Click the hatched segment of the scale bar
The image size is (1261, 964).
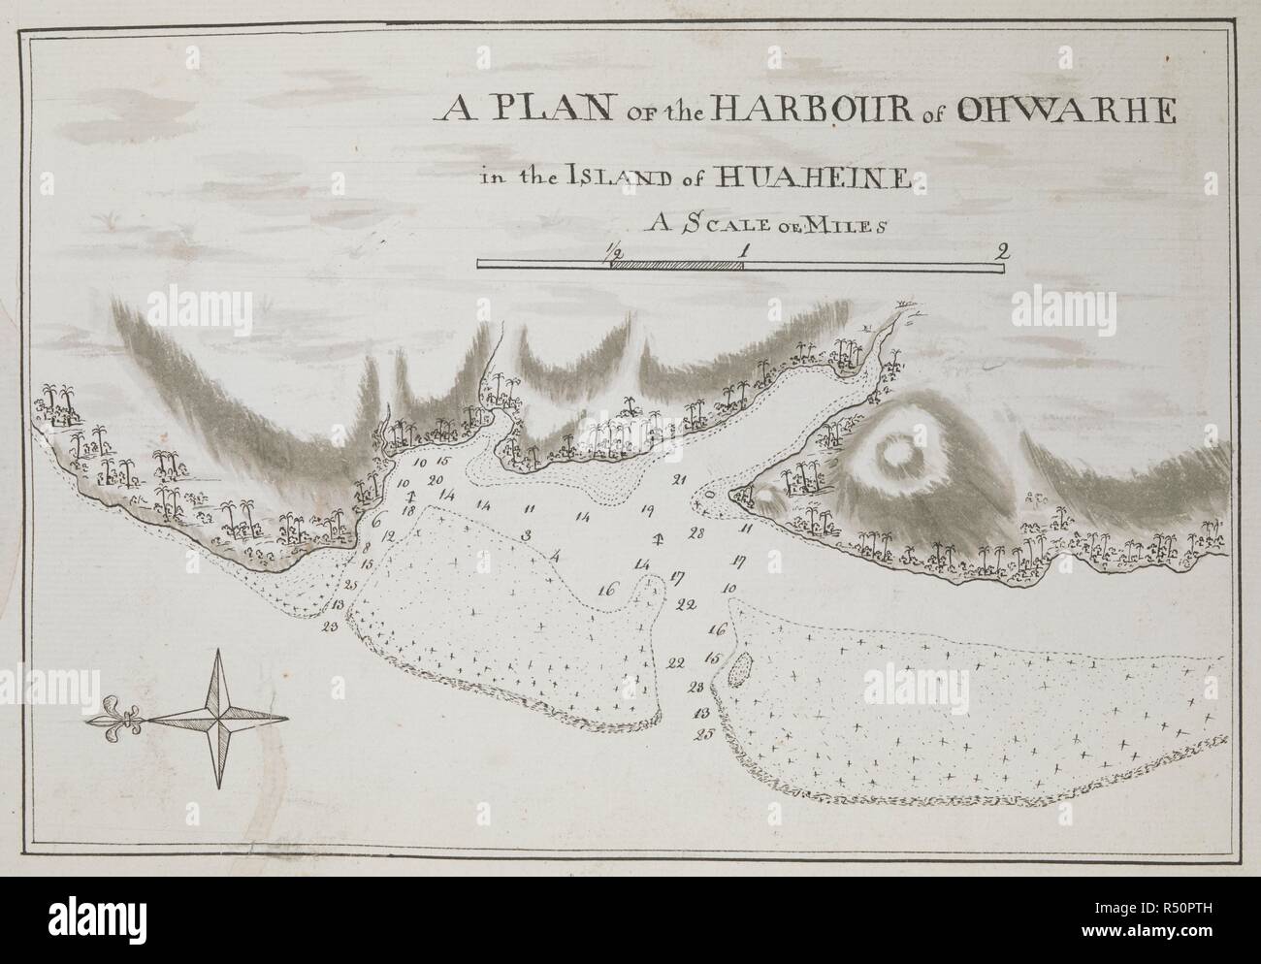tap(677, 265)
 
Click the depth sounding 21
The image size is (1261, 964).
tap(679, 480)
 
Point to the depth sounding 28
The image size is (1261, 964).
tap(695, 532)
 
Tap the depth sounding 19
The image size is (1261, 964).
tap(647, 509)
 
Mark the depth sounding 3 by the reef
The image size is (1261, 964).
tap(525, 535)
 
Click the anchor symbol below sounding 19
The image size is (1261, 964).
tap(658, 539)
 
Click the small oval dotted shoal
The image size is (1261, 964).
tap(741, 668)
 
